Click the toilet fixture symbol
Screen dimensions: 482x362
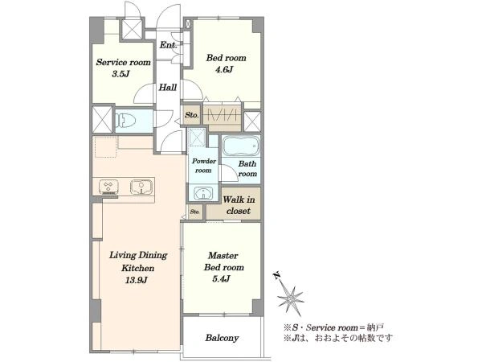125,120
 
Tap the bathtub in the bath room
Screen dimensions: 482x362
241,146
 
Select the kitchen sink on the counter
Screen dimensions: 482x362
141,187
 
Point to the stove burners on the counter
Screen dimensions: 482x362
108,187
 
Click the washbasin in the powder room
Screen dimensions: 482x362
203,194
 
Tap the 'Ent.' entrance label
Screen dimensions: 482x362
168,45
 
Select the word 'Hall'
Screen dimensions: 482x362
168,88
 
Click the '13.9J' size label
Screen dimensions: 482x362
137,280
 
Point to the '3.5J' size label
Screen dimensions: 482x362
120,74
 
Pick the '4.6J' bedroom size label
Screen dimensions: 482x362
224,69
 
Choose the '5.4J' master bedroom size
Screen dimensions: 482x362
222,279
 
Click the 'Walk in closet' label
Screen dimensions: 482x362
239,205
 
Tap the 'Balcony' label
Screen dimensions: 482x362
222,338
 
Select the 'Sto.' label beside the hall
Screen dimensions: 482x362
192,115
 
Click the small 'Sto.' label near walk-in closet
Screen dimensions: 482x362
195,212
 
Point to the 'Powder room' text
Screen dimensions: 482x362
204,166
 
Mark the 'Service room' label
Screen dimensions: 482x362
123,62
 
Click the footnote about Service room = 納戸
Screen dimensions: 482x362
333,327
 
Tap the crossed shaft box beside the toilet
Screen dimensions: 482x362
102,119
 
